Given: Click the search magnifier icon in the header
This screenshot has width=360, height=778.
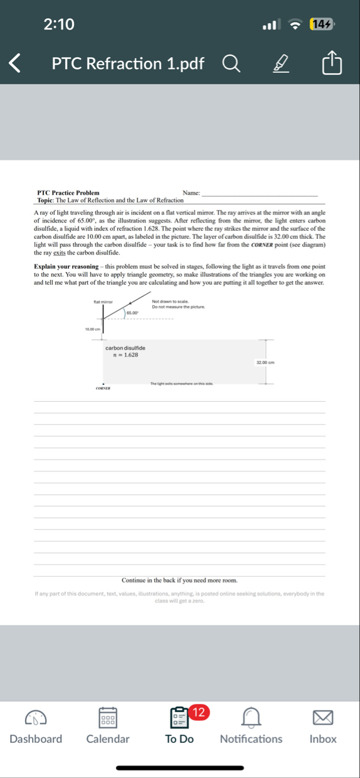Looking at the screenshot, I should point(230,63).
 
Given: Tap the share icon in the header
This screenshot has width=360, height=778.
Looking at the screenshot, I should point(332,63).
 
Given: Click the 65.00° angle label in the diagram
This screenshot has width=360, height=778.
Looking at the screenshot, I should point(133,312).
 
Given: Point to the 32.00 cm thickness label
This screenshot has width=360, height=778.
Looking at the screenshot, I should point(266,362).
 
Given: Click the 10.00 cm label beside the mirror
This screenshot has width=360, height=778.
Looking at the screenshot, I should point(93,329).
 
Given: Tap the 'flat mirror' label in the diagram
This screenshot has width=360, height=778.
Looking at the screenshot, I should point(103,302).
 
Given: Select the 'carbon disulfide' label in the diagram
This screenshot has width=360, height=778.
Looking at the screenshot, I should point(125,348).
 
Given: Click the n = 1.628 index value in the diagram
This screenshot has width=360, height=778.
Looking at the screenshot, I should point(125,355).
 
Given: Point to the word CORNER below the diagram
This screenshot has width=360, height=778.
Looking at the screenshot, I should point(103,389).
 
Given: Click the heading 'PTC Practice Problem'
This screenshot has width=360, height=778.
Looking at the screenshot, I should point(68,192).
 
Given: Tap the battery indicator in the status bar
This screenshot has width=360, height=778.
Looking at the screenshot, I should point(322,24).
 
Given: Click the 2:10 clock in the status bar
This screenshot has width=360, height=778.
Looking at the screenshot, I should point(59,24).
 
